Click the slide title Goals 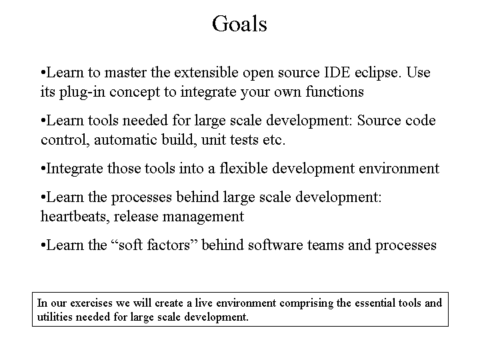[239, 24]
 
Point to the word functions [335, 91]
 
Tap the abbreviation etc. [274, 140]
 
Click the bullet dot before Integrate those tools [43, 169]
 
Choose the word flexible [244, 169]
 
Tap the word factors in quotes [165, 245]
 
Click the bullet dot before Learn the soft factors [43, 245]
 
